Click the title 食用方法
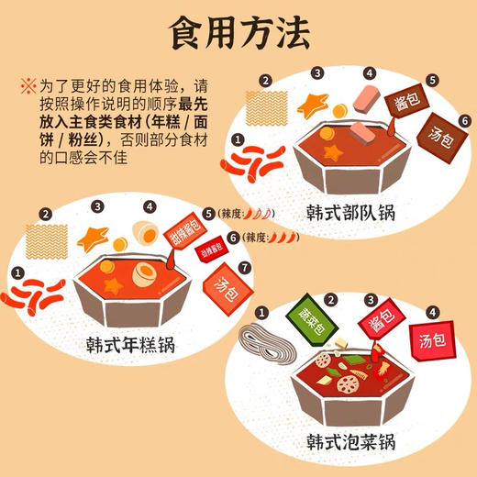(238, 34)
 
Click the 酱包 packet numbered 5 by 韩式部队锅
(407, 104)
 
